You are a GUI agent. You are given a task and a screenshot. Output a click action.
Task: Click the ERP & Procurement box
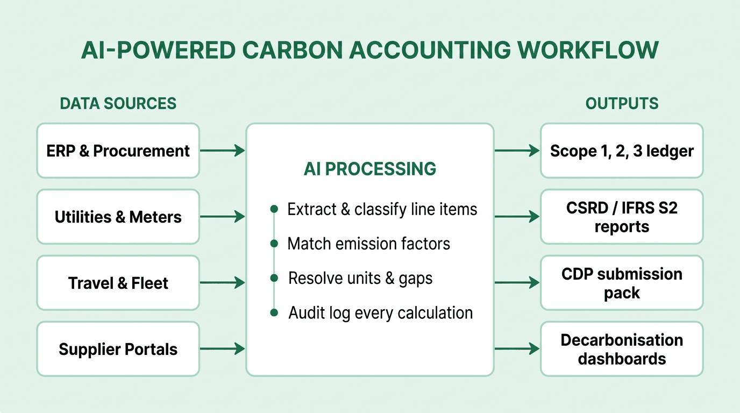point(118,151)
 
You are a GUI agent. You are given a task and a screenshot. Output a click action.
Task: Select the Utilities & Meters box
point(118,217)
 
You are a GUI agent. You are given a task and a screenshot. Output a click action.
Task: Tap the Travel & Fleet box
point(118,283)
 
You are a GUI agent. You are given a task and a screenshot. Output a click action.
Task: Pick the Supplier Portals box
point(118,349)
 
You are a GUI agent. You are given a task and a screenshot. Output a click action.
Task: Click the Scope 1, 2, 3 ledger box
point(622,151)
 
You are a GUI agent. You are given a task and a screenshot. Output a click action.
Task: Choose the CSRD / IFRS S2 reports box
point(622,217)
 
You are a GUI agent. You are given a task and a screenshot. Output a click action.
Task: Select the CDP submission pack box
point(622,283)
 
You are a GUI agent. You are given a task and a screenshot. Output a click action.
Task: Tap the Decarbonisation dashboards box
point(622,349)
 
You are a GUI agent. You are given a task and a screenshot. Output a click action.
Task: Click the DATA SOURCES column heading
point(118,103)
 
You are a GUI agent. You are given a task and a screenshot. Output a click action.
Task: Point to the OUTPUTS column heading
point(622,103)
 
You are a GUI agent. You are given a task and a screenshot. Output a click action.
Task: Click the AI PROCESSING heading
point(369,169)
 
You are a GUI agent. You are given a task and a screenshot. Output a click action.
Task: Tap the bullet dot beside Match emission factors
point(274,244)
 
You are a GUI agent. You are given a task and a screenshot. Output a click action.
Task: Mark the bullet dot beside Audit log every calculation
point(274,312)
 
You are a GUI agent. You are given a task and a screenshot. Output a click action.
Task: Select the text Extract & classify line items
point(382,209)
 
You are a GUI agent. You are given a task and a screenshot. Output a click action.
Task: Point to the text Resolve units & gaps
point(360,278)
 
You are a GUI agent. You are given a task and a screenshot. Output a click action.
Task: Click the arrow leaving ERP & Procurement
point(222,151)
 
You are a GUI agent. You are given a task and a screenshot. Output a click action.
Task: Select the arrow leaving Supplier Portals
point(222,350)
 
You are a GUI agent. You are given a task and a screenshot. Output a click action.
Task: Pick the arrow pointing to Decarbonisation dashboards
point(517,350)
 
